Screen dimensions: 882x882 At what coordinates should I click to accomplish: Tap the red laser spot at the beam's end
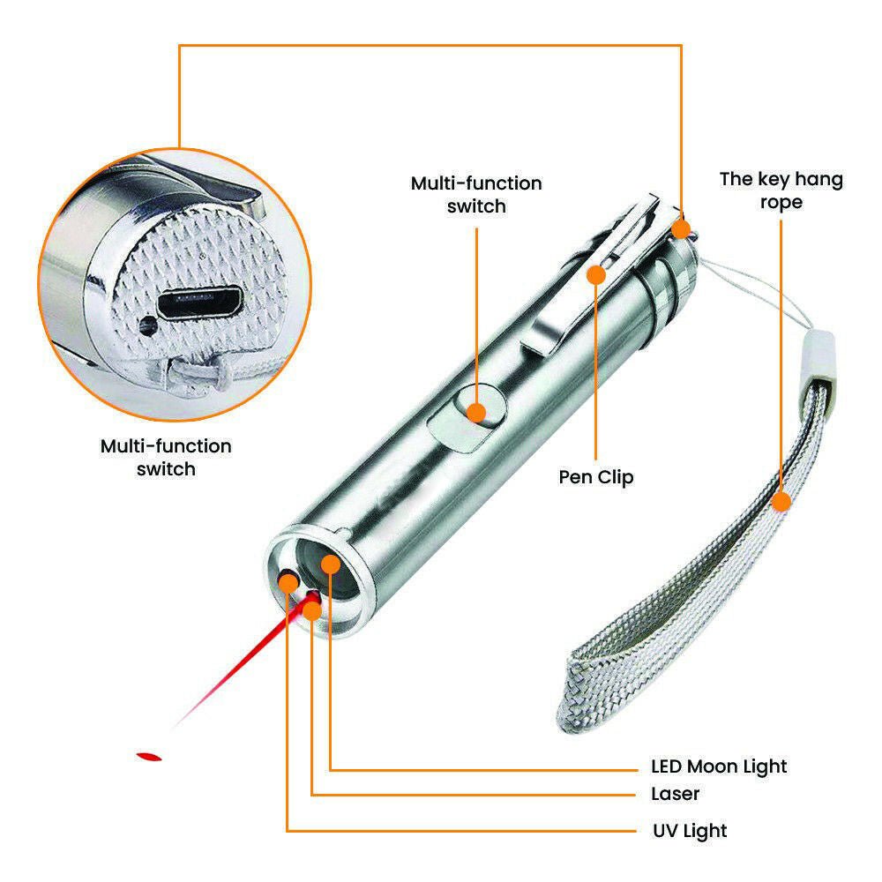[x=149, y=756]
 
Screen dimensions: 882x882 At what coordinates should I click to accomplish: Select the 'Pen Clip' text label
[x=596, y=477]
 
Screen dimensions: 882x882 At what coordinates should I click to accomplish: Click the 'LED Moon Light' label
[x=719, y=766]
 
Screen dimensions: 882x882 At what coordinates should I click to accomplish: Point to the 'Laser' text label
[x=676, y=794]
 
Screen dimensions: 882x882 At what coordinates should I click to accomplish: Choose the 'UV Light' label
[x=690, y=830]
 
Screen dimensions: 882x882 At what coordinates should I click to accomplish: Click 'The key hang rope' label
[x=781, y=191]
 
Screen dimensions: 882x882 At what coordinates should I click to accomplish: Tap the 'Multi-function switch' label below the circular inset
[x=166, y=457]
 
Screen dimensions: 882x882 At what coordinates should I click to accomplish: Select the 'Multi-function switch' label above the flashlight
[x=476, y=194]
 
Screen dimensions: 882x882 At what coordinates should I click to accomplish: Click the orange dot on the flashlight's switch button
[x=476, y=411]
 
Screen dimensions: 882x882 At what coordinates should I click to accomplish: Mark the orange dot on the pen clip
[x=596, y=275]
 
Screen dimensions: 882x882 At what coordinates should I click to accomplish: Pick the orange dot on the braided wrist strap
[x=781, y=503]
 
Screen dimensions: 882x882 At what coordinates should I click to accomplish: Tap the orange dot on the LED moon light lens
[x=331, y=563]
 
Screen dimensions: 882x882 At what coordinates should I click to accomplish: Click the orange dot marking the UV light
[x=288, y=581]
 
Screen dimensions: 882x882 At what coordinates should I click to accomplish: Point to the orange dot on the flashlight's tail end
[x=680, y=229]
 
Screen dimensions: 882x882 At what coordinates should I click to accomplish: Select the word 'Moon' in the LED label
[x=714, y=766]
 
